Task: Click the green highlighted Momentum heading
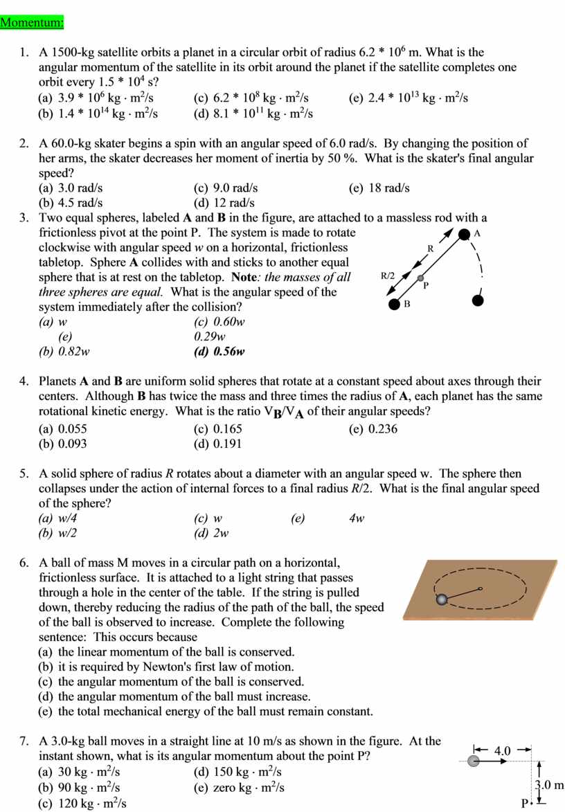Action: pyautogui.click(x=32, y=22)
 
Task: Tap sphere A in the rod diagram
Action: pyautogui.click(x=464, y=235)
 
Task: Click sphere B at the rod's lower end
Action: pyautogui.click(x=394, y=303)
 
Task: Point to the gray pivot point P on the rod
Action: pyautogui.click(x=420, y=278)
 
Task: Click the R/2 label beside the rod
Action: pyautogui.click(x=388, y=276)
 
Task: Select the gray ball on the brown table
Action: pyautogui.click(x=442, y=599)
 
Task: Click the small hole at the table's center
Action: pyautogui.click(x=480, y=589)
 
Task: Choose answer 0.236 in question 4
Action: pyautogui.click(x=383, y=429)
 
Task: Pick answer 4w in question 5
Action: pyautogui.click(x=357, y=518)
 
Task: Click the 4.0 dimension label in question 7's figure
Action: pyautogui.click(x=502, y=751)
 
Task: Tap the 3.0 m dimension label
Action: pyautogui.click(x=550, y=785)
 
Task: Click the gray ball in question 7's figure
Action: pyautogui.click(x=474, y=761)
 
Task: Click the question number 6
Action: pyautogui.click(x=24, y=563)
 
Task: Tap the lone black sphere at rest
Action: pyautogui.click(x=476, y=300)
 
